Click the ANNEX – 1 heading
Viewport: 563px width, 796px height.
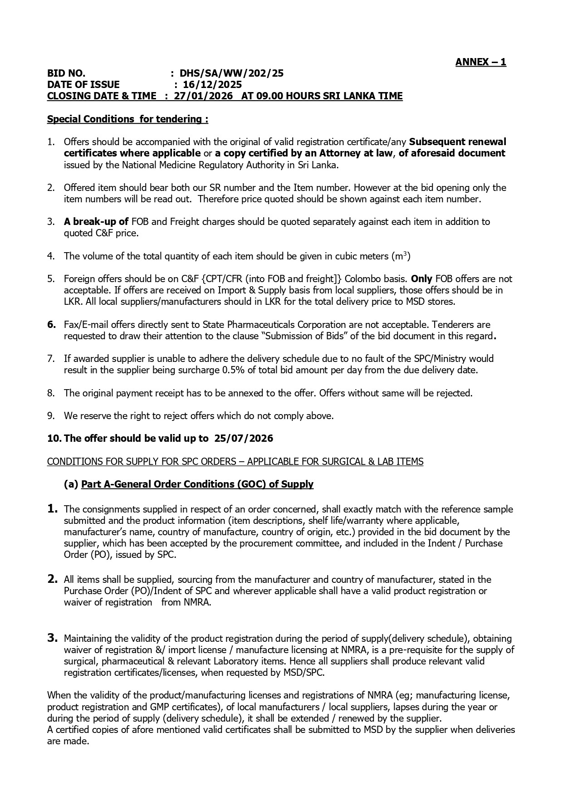pyautogui.click(x=480, y=62)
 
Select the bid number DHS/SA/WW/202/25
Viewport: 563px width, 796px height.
pyautogui.click(x=231, y=73)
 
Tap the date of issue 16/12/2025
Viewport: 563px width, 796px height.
pyautogui.click(x=212, y=85)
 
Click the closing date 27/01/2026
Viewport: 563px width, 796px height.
pyautogui.click(x=203, y=96)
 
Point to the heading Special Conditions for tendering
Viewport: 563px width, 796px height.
pyautogui.click(x=127, y=119)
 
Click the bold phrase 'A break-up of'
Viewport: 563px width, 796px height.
pyautogui.click(x=96, y=222)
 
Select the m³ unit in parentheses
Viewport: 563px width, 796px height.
pyautogui.click(x=401, y=256)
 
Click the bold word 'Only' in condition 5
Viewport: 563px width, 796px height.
pyautogui.click(x=421, y=279)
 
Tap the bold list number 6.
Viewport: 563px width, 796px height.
pyautogui.click(x=52, y=325)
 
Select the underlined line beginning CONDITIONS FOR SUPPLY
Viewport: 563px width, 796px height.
pyautogui.click(x=235, y=462)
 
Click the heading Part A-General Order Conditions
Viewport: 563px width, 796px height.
pyautogui.click(x=197, y=484)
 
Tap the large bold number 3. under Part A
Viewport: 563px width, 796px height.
pyautogui.click(x=52, y=638)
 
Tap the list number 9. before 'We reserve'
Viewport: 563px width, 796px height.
pyautogui.click(x=51, y=416)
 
